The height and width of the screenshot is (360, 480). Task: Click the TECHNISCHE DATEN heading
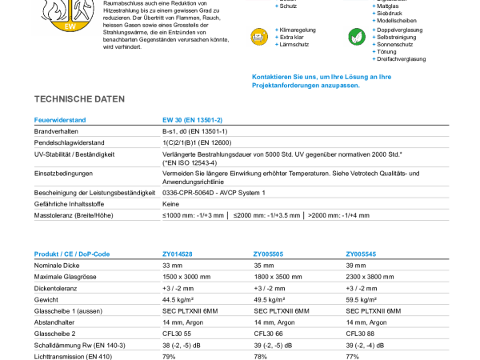tap(79, 99)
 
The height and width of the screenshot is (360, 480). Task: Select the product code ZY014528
tap(178, 254)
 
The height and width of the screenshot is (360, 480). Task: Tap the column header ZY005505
tap(268, 254)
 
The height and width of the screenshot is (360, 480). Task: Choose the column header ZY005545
tap(361, 254)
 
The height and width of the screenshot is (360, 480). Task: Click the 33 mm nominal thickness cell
tap(172, 266)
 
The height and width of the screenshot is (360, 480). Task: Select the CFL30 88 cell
tap(360, 334)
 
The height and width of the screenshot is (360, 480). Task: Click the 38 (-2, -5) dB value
tap(182, 346)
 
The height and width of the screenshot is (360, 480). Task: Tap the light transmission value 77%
tap(352, 357)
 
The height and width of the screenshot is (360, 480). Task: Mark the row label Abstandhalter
tap(54, 322)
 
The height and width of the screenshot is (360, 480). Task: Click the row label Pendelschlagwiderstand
tap(69, 142)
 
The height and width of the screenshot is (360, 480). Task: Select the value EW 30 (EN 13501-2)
tap(192, 120)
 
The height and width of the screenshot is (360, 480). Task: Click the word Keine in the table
tap(171, 204)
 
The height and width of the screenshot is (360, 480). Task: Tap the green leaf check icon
tap(357, 37)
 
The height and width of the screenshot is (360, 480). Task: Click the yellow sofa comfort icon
tap(259, 37)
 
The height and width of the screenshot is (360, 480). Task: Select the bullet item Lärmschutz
tap(294, 44)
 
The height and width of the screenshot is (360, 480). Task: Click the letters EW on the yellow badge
tap(70, 26)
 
